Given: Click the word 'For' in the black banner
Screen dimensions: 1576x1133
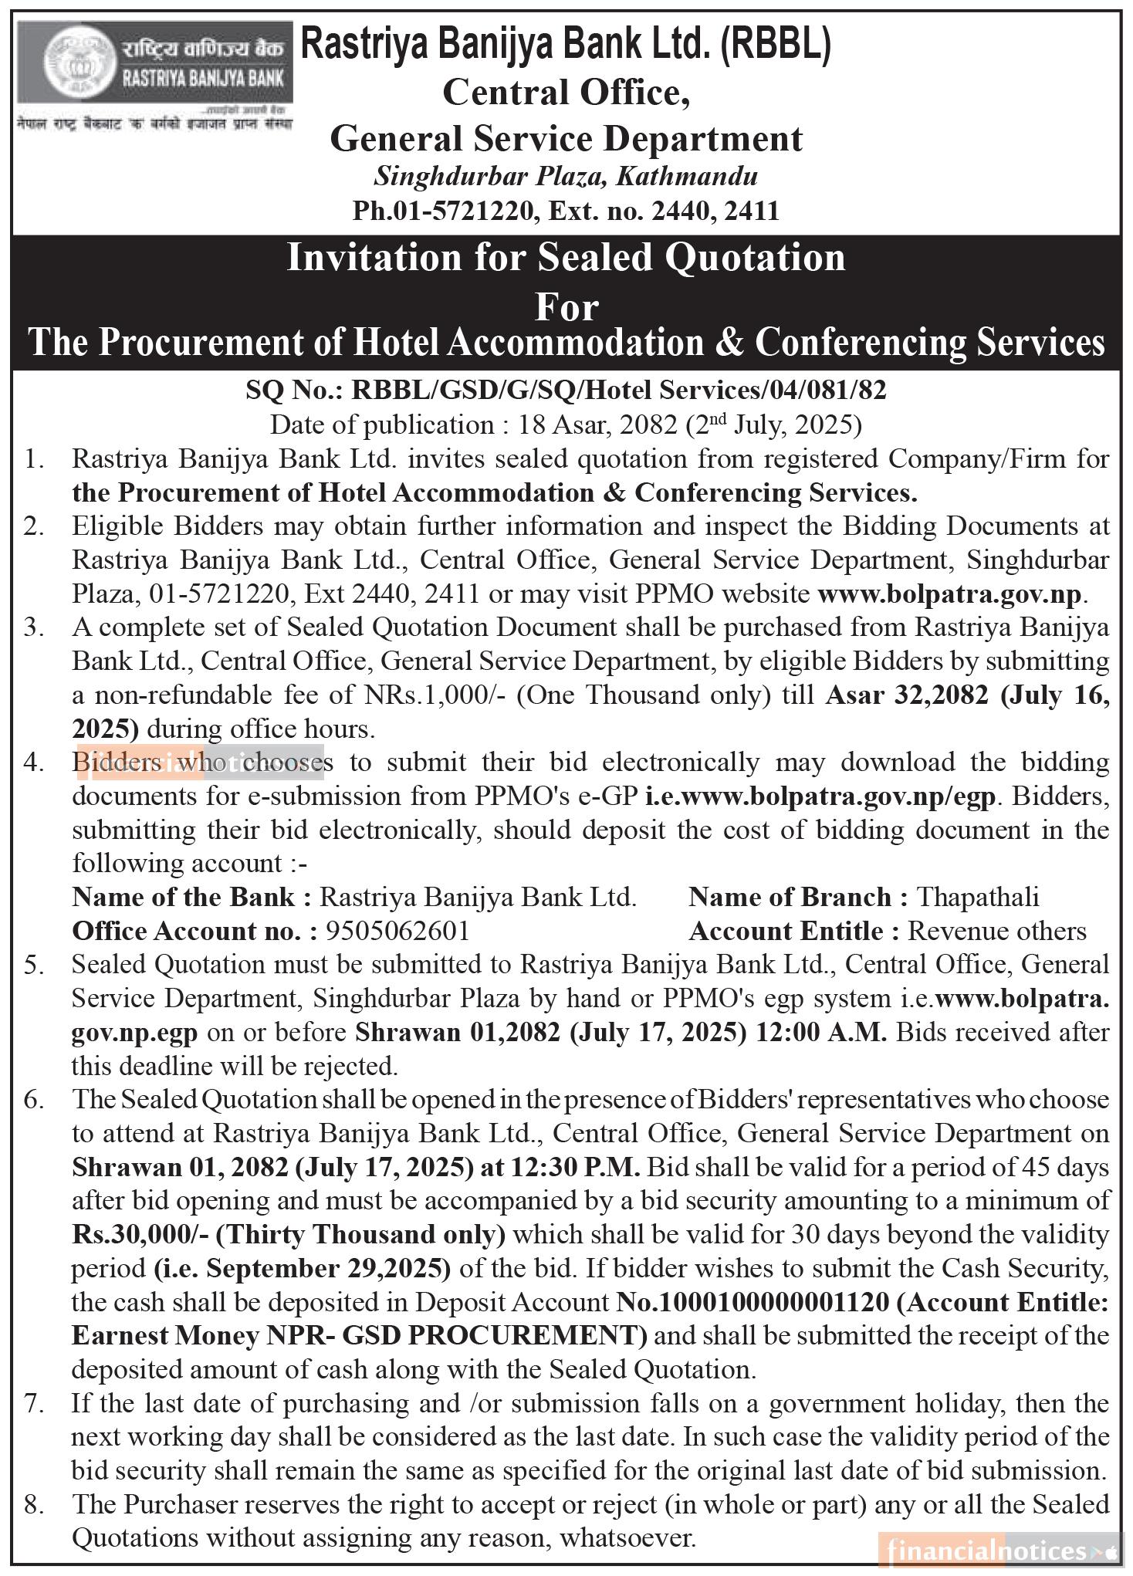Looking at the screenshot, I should [566, 306].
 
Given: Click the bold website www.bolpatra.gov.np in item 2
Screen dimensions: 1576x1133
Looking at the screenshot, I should [950, 594].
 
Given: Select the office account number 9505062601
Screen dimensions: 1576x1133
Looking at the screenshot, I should [397, 931].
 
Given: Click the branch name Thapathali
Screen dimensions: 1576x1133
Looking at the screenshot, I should [977, 897].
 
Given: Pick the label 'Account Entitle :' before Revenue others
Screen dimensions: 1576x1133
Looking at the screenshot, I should [794, 931].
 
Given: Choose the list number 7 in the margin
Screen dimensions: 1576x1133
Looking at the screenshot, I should [33, 1403].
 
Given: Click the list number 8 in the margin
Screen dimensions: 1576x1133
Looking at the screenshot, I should [33, 1504].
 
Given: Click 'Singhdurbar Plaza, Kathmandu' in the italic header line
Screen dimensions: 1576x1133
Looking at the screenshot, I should [566, 177].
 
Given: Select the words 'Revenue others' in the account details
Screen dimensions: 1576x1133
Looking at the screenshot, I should [996, 931].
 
